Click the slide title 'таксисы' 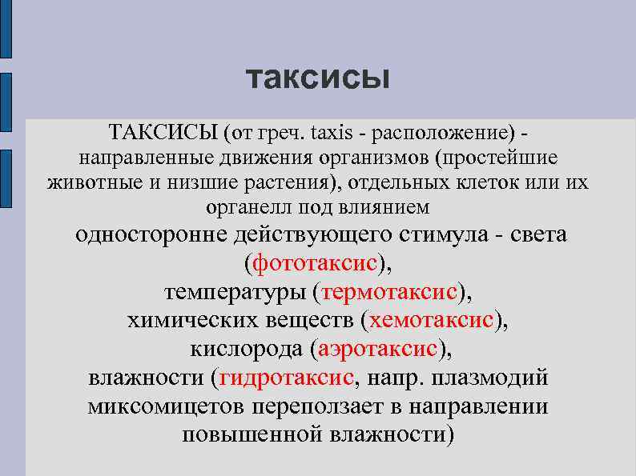(x=317, y=78)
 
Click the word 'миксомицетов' (x=166, y=406)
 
